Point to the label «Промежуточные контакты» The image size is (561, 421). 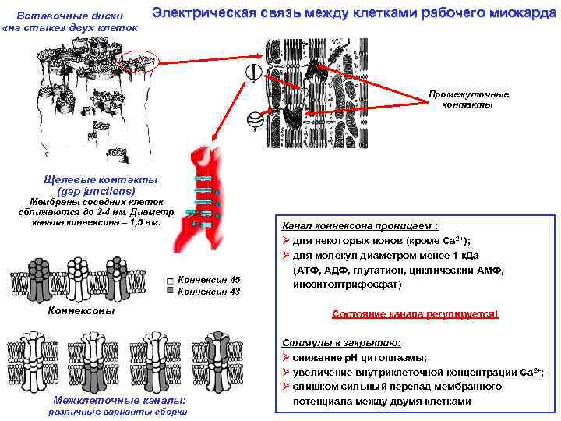coord(467,99)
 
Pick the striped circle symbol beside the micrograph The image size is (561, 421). coord(254,121)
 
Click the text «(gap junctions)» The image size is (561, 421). coord(96,191)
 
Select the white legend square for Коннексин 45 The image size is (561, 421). coord(170,281)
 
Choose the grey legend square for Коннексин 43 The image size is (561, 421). coord(170,292)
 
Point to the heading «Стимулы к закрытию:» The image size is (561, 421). coord(341,342)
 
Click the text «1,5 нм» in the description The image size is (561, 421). coord(145,221)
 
